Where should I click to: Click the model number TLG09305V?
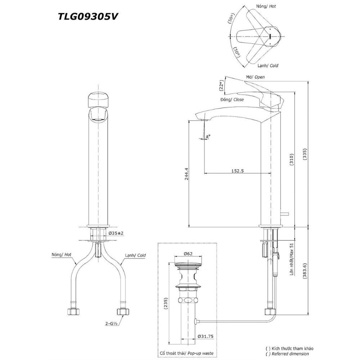tap(88, 17)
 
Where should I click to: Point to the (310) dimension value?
tap(292, 159)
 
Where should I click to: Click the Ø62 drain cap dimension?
tap(188, 254)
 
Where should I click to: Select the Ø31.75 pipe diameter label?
tap(206, 337)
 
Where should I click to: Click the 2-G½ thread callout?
tap(112, 324)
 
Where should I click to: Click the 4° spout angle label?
tap(208, 136)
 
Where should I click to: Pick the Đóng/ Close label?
tap(233, 99)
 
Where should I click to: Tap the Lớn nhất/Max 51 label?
tap(292, 260)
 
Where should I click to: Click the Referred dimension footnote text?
tap(292, 354)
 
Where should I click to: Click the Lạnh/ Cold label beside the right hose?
tap(135, 255)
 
